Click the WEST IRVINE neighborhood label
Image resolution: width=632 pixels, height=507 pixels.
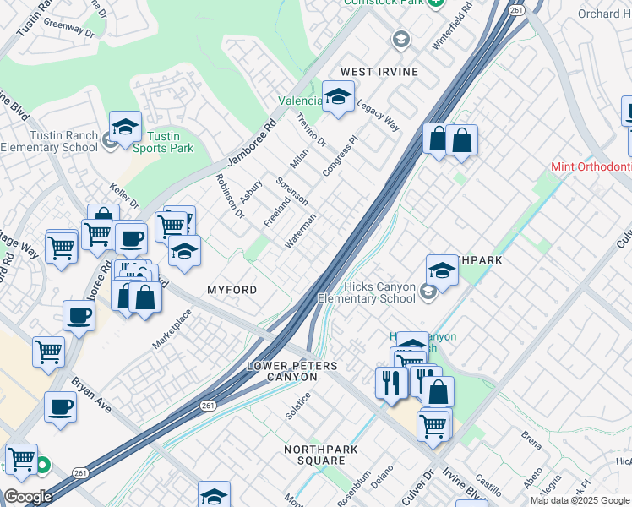pyautogui.click(x=379, y=72)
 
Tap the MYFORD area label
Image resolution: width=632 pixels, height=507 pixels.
pyautogui.click(x=232, y=290)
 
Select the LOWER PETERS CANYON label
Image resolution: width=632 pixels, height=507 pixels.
pyautogui.click(x=291, y=372)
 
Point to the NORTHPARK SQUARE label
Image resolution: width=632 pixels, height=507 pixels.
pyautogui.click(x=315, y=455)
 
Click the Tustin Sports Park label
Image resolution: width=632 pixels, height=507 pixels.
pyautogui.click(x=163, y=142)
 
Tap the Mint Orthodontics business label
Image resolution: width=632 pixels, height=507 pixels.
pyautogui.click(x=591, y=167)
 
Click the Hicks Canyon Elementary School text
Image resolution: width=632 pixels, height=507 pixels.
pyautogui.click(x=367, y=292)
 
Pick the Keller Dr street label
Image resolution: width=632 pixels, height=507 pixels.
pyautogui.click(x=124, y=194)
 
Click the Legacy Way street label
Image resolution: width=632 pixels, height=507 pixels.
pyautogui.click(x=377, y=115)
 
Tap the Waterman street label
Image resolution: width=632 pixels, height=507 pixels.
pyautogui.click(x=301, y=230)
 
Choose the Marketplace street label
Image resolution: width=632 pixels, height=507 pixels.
pyautogui.click(x=172, y=329)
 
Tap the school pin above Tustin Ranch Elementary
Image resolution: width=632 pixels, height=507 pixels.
pyautogui.click(x=125, y=127)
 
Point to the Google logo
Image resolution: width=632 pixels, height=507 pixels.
pyautogui.click(x=28, y=497)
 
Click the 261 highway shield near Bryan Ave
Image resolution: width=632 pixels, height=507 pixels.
pyautogui.click(x=208, y=406)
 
